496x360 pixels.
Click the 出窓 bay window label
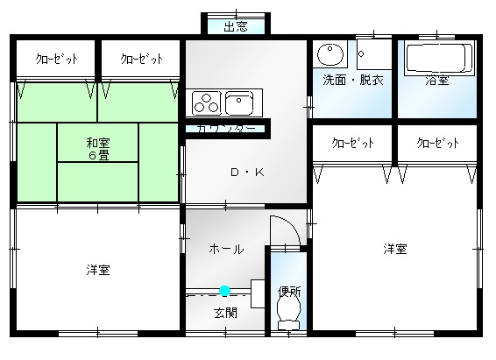(236, 26)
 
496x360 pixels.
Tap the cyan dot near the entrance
(224, 291)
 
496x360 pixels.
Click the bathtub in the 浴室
(437, 58)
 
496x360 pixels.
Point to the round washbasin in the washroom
(329, 53)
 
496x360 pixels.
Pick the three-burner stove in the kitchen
(206, 103)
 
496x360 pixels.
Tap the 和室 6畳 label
(98, 149)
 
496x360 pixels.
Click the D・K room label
(247, 173)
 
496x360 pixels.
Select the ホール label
(226, 250)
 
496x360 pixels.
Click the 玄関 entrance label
(225, 314)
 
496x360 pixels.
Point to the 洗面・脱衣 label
(353, 81)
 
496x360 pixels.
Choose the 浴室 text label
(436, 81)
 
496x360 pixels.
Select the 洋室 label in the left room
(98, 271)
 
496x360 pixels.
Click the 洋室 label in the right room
(395, 249)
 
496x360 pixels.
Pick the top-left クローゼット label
(57, 59)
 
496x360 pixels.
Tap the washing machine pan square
(374, 54)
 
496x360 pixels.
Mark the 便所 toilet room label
(289, 292)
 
